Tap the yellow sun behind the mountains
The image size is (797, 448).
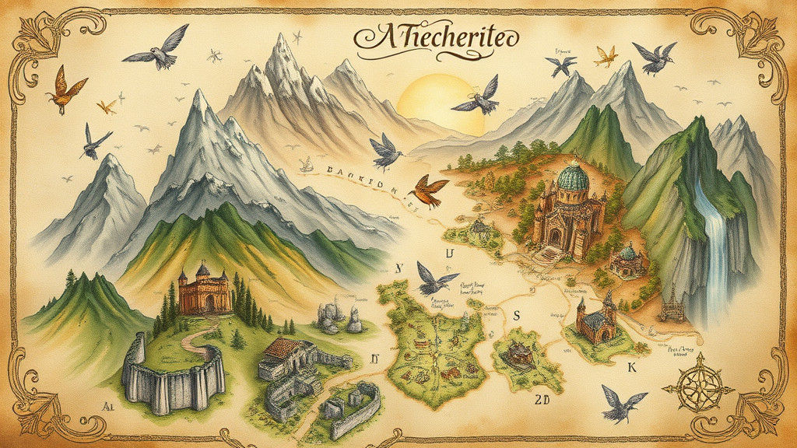click(x=433, y=96)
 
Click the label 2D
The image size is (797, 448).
click(x=542, y=400)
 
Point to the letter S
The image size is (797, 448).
click(x=516, y=314)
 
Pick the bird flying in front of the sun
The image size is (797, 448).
click(x=477, y=97)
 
